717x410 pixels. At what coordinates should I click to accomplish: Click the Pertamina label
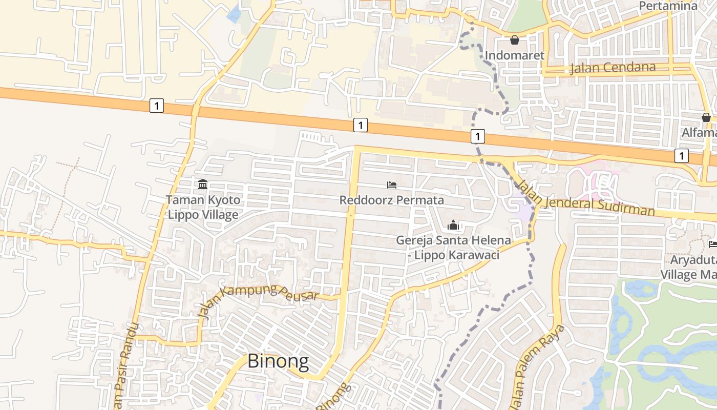(668, 6)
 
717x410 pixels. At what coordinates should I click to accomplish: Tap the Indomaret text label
(514, 55)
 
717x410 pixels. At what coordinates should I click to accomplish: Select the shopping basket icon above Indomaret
(515, 40)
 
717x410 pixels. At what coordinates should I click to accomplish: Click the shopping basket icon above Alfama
(706, 117)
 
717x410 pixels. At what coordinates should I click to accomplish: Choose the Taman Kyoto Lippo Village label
(203, 207)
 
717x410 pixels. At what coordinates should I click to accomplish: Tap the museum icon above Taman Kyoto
(203, 184)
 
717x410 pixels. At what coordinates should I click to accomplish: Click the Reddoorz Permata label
(392, 200)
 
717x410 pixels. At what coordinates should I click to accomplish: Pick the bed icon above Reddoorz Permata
(392, 184)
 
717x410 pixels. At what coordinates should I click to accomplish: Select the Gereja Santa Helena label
(453, 247)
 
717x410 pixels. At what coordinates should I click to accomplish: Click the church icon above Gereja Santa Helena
(453, 225)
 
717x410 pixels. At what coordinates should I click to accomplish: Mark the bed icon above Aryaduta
(712, 244)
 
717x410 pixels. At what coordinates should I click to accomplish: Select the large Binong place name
(278, 361)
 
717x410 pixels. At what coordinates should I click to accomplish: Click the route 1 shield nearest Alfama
(681, 155)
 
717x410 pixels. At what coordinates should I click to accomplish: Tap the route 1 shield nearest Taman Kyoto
(157, 106)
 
